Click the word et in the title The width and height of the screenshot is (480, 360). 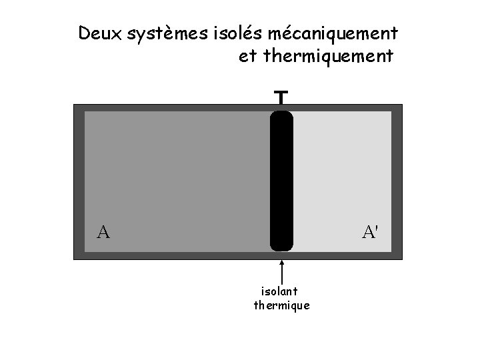click(247, 57)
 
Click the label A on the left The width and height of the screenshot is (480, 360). click(103, 233)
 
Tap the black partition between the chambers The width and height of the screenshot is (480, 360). click(281, 180)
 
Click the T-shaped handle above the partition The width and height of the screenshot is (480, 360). click(281, 98)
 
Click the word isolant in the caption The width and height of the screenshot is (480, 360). click(279, 291)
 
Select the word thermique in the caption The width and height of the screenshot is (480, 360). click(282, 306)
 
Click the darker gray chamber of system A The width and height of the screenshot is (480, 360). click(177, 173)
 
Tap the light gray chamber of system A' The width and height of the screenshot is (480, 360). click(342, 173)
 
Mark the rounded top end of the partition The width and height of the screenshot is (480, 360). click(281, 117)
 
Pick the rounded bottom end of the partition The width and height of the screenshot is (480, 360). click(281, 245)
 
